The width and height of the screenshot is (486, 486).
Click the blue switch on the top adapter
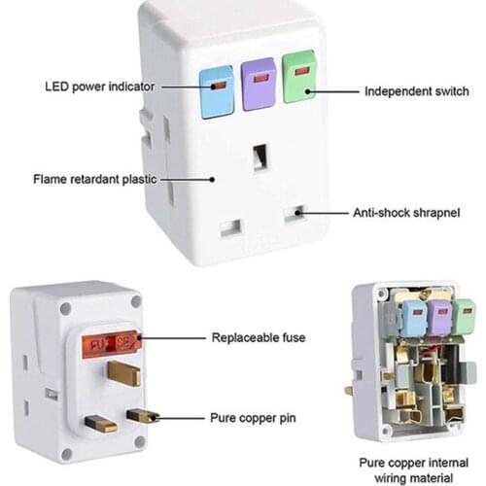tap(218, 91)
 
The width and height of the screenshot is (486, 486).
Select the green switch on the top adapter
tap(300, 77)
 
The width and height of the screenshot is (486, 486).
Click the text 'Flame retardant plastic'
tap(94, 180)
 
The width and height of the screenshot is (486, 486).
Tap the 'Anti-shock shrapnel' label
tap(404, 211)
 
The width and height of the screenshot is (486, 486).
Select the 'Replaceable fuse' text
tap(259, 338)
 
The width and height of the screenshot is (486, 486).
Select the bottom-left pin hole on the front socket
tap(230, 229)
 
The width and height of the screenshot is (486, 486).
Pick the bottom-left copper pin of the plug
tap(100, 424)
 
